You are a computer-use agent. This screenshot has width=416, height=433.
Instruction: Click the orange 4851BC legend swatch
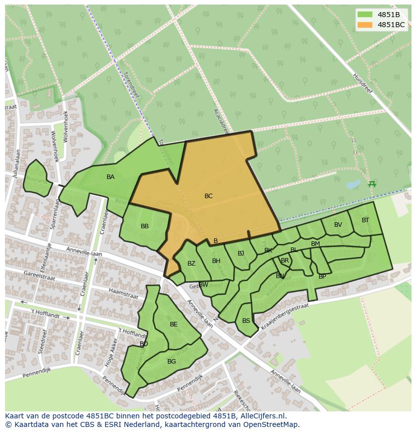tap(365, 25)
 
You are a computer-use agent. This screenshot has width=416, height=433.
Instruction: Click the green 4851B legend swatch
tap(365, 15)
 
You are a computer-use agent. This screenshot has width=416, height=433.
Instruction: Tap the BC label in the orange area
tap(209, 196)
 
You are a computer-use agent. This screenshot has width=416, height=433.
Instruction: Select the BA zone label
tap(111, 177)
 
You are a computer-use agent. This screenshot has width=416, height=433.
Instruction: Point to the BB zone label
tap(145, 226)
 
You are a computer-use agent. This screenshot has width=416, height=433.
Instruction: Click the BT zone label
tap(365, 220)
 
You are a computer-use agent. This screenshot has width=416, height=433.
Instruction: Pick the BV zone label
tap(338, 225)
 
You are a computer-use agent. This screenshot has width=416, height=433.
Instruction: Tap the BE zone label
tap(174, 324)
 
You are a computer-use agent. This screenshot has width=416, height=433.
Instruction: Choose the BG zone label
tap(171, 362)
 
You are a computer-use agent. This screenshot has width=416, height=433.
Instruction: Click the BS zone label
tap(246, 321)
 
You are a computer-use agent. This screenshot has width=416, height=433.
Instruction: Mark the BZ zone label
tap(191, 264)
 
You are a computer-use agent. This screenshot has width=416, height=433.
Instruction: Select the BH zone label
tap(216, 261)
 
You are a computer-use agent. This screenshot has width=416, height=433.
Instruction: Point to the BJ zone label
tap(241, 253)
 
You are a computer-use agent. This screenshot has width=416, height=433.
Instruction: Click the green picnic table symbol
tap(372, 184)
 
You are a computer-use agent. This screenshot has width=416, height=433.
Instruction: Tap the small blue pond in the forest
tap(353, 184)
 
